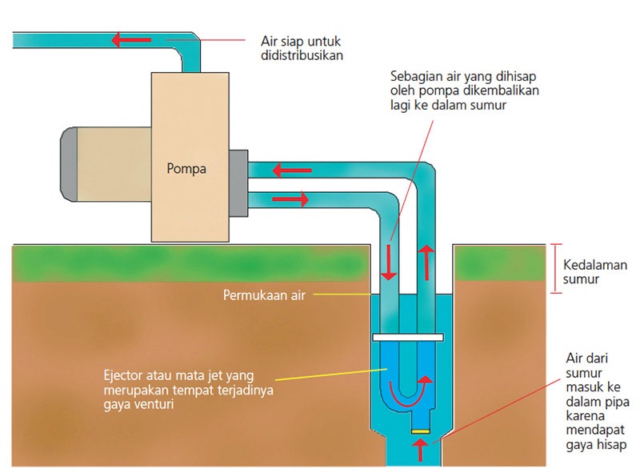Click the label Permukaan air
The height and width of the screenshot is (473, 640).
[263, 294]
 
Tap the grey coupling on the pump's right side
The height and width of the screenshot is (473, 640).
[238, 182]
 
